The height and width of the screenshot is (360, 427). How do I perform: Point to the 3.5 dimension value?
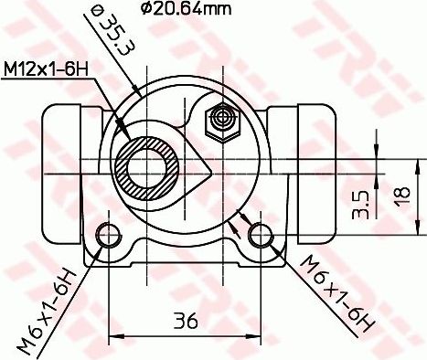pyautogui.click(x=360, y=202)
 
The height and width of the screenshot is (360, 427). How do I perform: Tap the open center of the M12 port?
pyautogui.click(x=146, y=166)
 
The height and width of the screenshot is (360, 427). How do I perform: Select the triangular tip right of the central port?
pyautogui.click(x=209, y=171)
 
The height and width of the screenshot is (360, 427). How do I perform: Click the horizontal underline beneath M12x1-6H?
pyautogui.click(x=55, y=80)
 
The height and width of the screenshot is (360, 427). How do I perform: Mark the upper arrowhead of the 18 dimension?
pyautogui.click(x=377, y=137)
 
